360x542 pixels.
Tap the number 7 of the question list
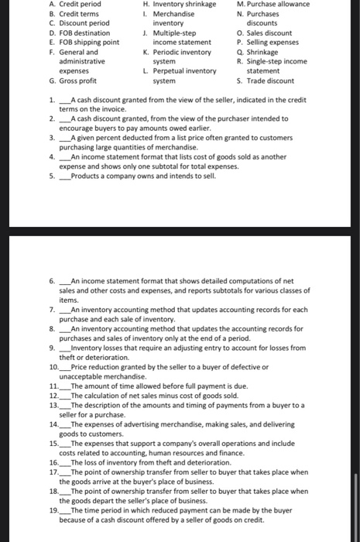(x=51, y=310)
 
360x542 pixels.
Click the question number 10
(x=53, y=366)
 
